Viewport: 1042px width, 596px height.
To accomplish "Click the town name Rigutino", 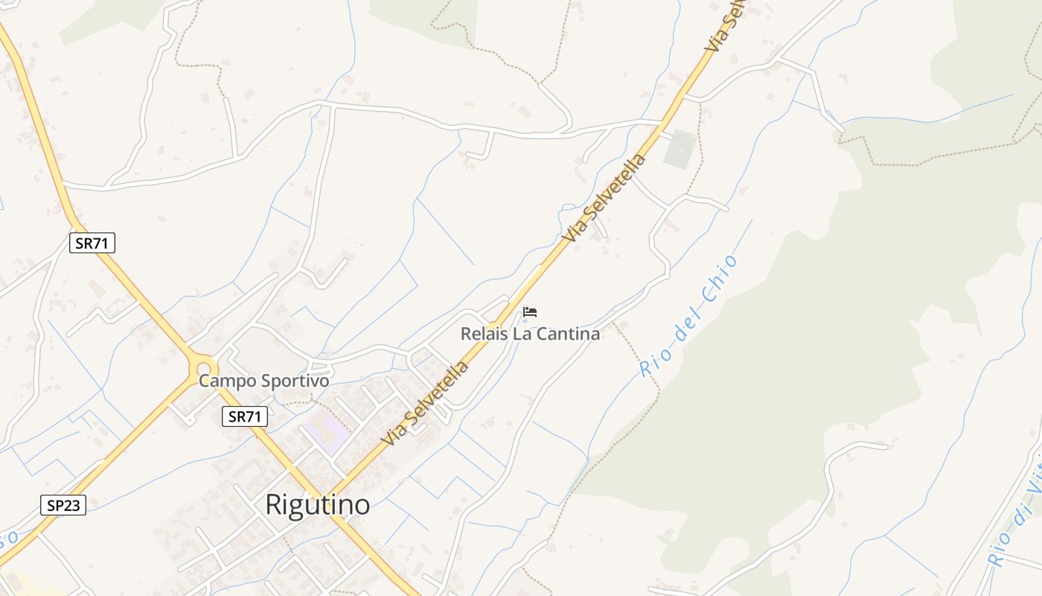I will click(318, 505).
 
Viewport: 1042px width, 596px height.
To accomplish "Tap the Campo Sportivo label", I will click(263, 381).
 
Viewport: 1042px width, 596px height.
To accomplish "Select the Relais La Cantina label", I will click(530, 334).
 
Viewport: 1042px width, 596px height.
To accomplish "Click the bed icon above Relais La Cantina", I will click(530, 311).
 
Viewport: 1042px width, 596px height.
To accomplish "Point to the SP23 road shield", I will click(63, 505).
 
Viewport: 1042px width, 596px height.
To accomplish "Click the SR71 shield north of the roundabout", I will click(92, 243).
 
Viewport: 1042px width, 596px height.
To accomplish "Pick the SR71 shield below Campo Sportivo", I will click(245, 416).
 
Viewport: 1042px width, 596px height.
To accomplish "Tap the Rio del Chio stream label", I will click(688, 315).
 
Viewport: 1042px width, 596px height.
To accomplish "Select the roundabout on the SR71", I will click(202, 367).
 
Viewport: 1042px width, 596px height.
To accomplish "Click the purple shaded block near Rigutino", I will click(325, 433).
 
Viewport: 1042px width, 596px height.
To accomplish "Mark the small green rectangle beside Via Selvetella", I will click(680, 148).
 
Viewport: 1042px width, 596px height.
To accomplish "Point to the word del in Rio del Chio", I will click(687, 319).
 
